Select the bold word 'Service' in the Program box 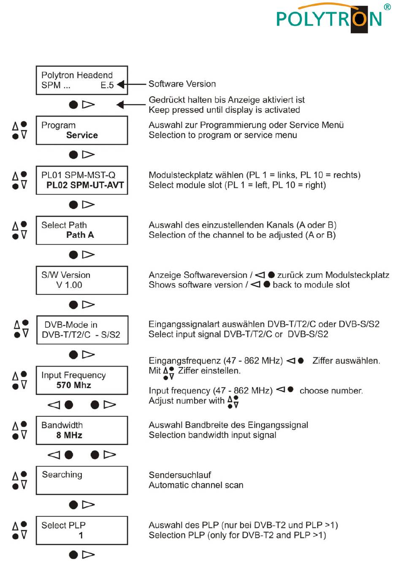point(82,135)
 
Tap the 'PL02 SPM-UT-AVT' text point(85,185)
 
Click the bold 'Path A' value point(80,235)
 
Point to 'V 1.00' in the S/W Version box point(69,285)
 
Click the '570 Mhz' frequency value point(74,385)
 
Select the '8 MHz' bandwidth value point(69,435)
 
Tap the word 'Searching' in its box point(62,475)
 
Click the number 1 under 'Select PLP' point(81,535)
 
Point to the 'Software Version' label point(182,84)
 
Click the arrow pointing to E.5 point(131,84)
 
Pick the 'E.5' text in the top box point(107,85)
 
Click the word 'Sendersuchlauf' point(180,475)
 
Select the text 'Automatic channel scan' point(196,485)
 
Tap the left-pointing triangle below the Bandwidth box point(54,455)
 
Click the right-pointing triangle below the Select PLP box point(88,555)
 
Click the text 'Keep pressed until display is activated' point(224,110)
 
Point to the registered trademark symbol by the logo point(387,7)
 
